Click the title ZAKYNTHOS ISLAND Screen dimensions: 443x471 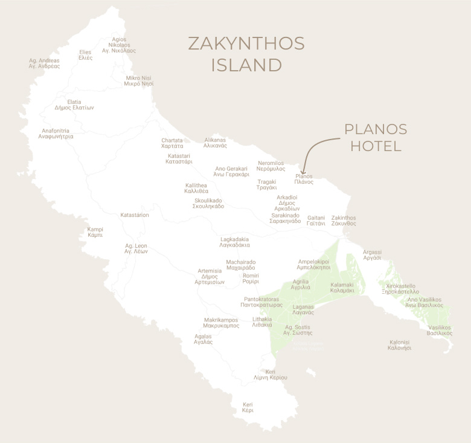click(246, 54)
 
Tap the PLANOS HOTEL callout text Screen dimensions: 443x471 click(375, 137)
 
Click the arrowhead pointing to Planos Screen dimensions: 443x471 click(304, 172)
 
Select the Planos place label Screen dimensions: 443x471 click(304, 179)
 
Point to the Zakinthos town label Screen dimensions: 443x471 click(344, 221)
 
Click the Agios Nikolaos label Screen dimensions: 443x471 click(119, 45)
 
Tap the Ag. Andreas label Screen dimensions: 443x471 click(44, 63)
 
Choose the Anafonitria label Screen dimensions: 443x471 click(56, 134)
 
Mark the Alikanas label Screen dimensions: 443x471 click(215, 143)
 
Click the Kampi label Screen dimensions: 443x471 click(95, 232)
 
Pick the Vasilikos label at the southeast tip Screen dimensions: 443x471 click(439, 330)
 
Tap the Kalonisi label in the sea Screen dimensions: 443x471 click(400, 345)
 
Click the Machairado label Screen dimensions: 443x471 click(240, 265)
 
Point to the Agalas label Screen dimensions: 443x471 click(203, 338)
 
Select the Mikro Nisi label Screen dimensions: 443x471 click(139, 81)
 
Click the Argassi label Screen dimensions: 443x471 click(372, 254)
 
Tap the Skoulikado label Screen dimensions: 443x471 click(209, 203)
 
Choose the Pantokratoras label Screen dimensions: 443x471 click(261, 302)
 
